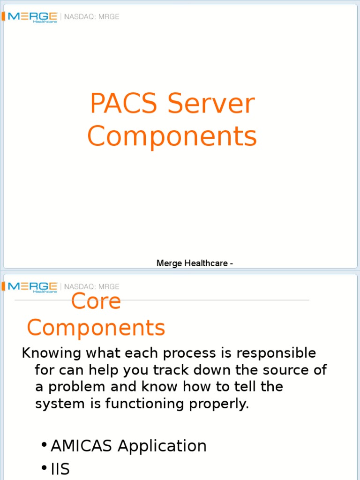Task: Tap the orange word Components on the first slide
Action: (172, 137)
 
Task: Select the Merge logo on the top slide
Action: (32, 17)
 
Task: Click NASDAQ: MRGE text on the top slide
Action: (92, 17)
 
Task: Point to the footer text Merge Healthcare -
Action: (195, 263)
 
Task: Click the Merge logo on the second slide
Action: (32, 287)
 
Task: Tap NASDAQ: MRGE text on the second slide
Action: (92, 286)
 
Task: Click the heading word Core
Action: (96, 301)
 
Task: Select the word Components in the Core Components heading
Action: (96, 327)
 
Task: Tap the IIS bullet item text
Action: (60, 469)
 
